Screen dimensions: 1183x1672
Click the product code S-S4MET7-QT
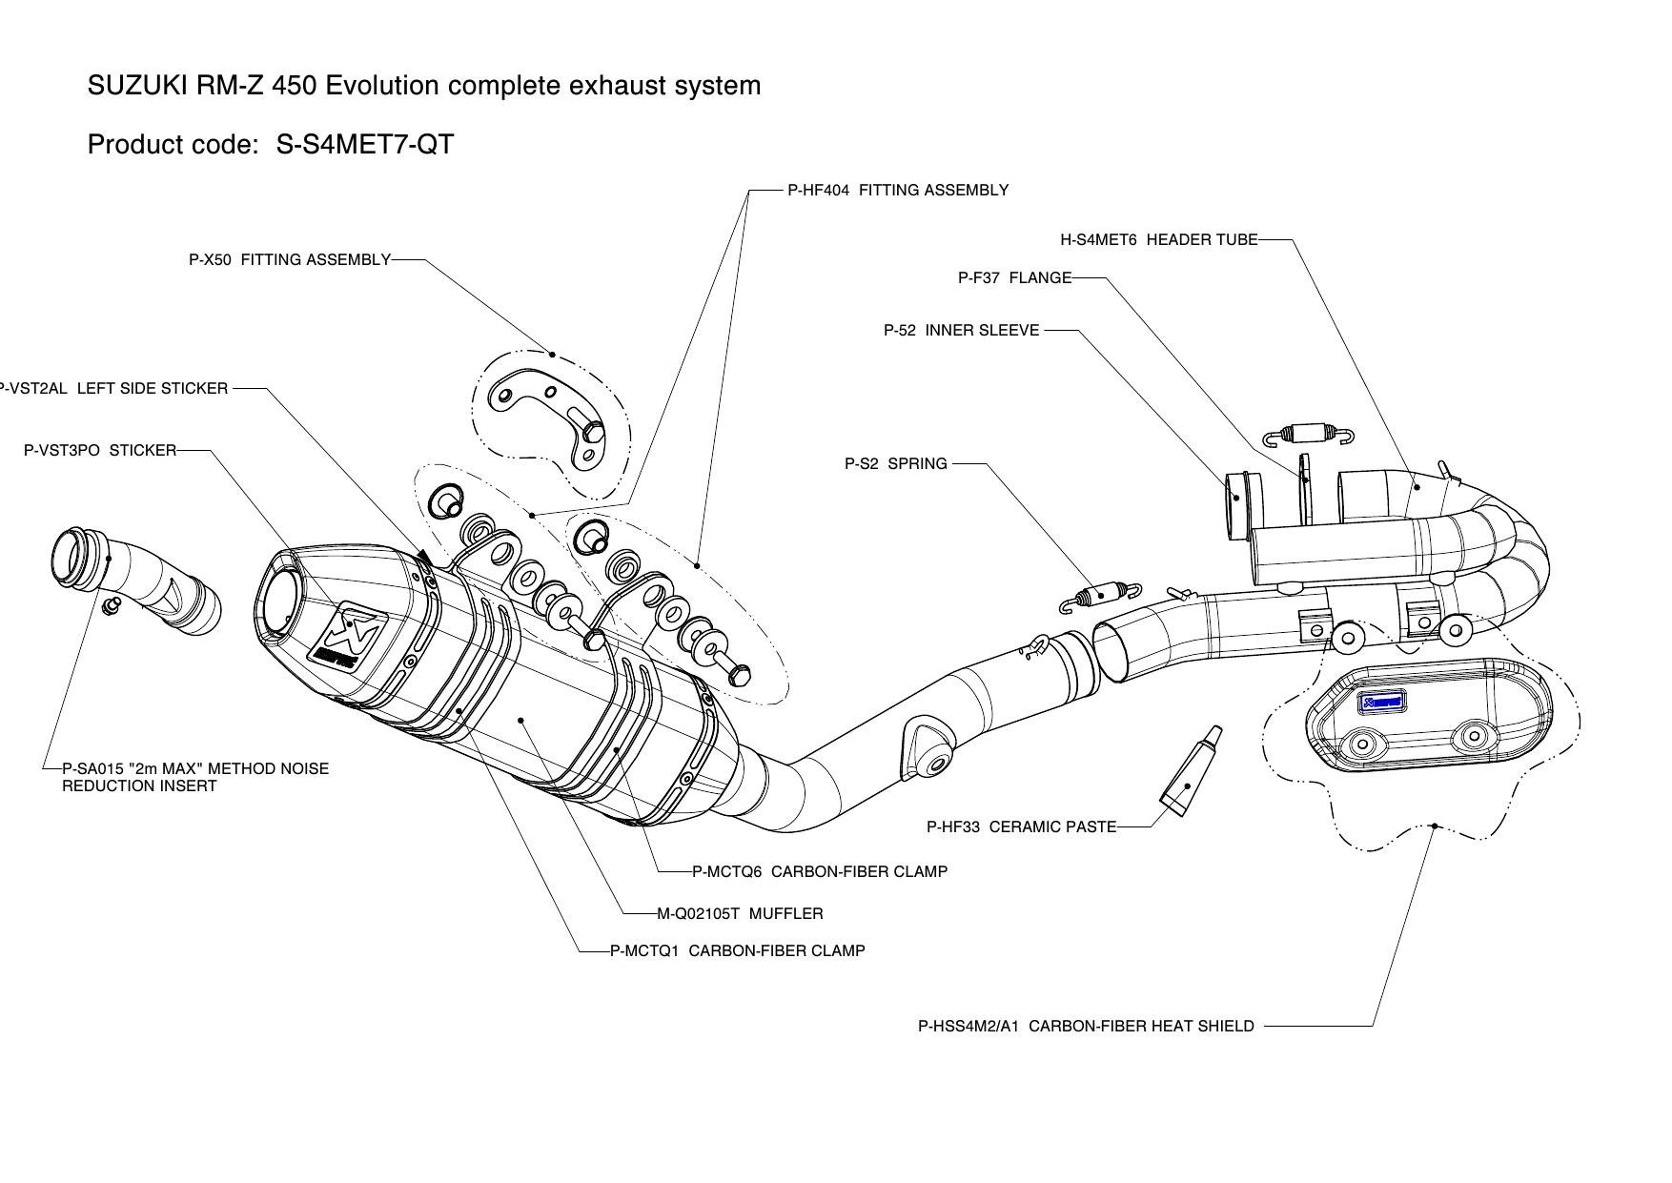(364, 145)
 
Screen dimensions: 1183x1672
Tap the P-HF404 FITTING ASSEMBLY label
(897, 191)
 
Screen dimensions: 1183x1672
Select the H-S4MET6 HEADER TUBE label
(1158, 240)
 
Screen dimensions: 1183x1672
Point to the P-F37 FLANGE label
(1014, 278)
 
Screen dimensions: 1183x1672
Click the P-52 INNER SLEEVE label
(961, 331)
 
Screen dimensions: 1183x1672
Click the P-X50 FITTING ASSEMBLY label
(290, 259)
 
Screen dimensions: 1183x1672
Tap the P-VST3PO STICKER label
(100, 450)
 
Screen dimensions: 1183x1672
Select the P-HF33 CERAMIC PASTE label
(1021, 827)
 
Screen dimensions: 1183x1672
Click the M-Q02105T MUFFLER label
(740, 914)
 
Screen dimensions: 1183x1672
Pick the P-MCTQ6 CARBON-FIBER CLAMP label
(820, 871)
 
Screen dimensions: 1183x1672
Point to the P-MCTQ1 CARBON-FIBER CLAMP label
(738, 951)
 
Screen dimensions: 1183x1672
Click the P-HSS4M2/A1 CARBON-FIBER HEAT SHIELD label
(1086, 1027)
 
